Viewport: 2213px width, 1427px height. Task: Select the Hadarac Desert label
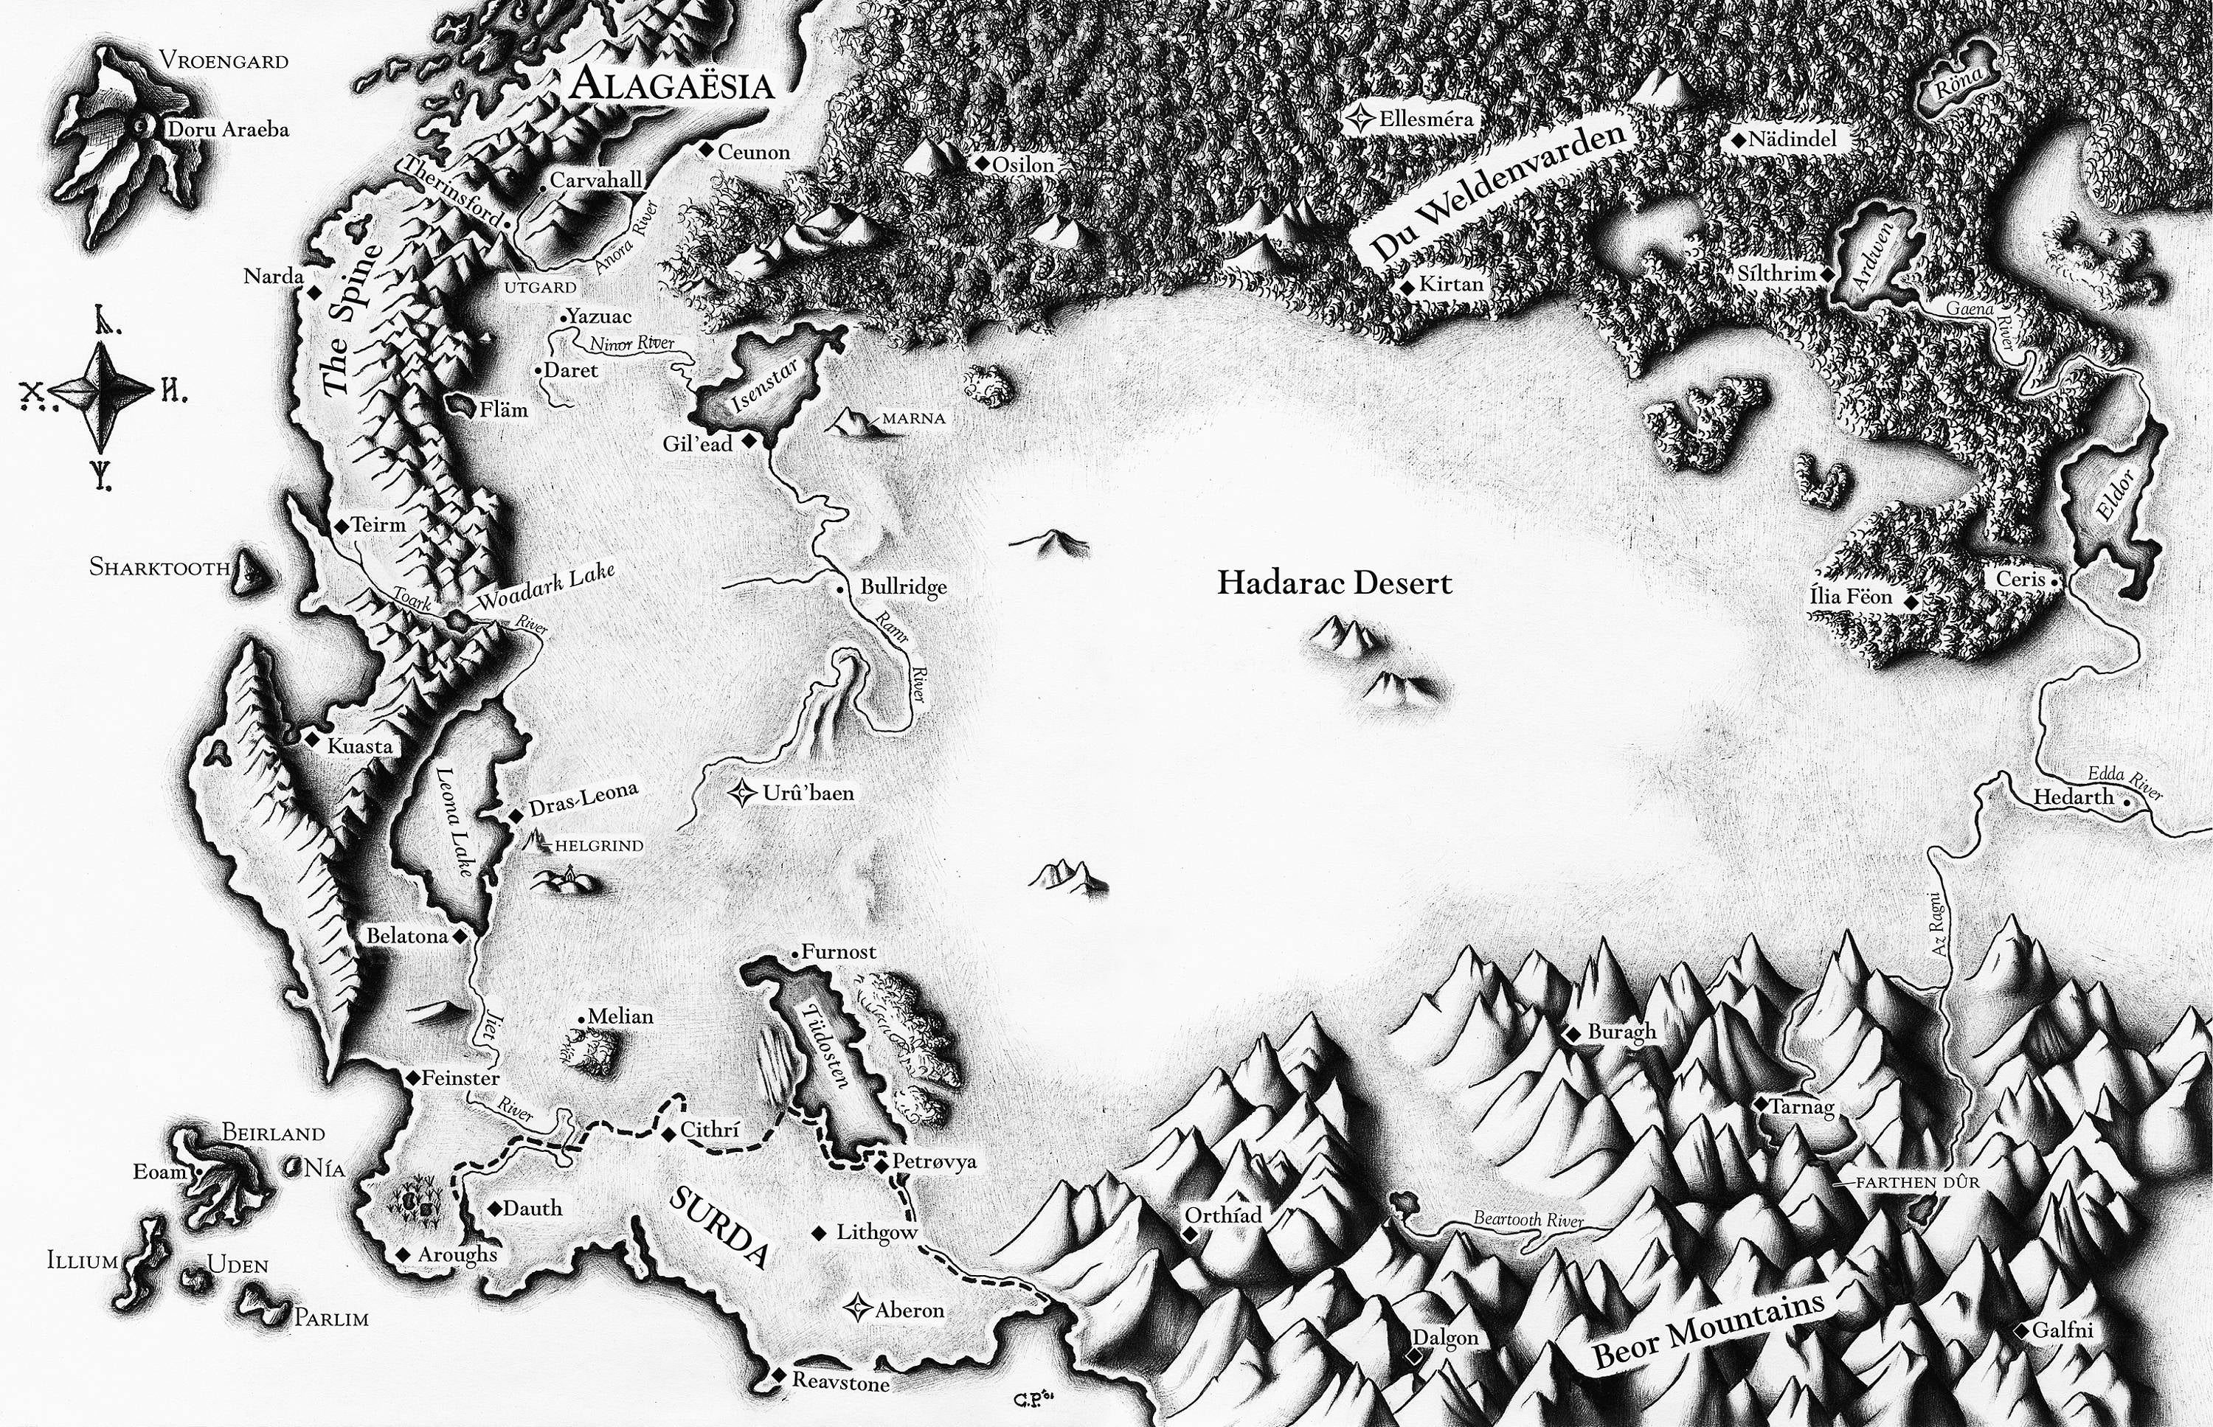point(1334,583)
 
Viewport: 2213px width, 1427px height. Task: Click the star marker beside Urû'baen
point(742,794)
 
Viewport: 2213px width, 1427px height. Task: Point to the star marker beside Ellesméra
point(1361,119)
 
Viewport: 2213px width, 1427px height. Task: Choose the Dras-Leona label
point(583,799)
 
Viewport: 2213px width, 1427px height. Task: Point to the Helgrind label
point(599,846)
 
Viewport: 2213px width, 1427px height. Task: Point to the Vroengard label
point(224,61)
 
